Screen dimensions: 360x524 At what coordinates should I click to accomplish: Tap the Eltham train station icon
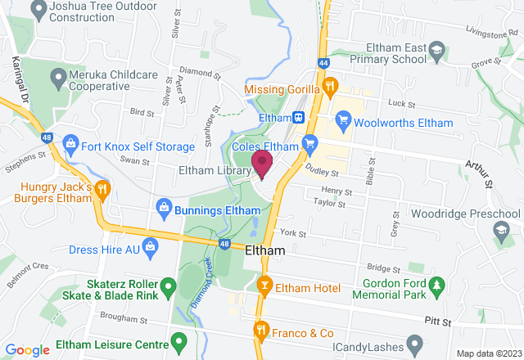coord(300,118)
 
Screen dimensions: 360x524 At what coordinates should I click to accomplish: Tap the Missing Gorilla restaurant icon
coord(330,85)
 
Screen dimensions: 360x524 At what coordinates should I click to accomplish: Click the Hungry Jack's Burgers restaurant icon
coord(103,190)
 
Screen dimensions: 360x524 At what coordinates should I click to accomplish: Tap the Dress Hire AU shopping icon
coord(150,245)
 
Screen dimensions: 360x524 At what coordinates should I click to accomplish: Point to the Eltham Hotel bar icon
coord(264,286)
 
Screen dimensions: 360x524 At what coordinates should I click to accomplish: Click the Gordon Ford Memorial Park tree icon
coord(437,285)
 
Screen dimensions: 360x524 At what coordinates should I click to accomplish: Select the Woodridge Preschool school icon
coord(500,232)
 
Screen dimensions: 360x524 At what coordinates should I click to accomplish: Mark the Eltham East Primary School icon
coord(437,50)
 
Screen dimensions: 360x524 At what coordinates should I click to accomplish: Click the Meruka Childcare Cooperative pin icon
coord(57,79)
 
